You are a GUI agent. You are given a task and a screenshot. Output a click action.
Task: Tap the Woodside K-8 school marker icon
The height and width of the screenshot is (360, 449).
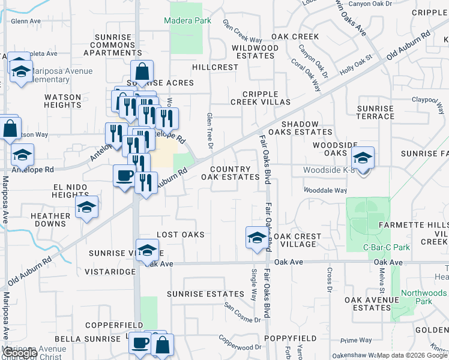pyautogui.click(x=363, y=158)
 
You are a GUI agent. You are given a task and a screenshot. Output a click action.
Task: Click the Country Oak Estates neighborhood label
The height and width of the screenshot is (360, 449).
pyautogui.click(x=231, y=173)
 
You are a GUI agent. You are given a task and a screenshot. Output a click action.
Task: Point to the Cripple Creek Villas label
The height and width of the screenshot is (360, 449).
pyautogui.click(x=266, y=98)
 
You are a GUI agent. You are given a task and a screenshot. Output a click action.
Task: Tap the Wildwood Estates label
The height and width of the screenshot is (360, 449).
pyautogui.click(x=255, y=52)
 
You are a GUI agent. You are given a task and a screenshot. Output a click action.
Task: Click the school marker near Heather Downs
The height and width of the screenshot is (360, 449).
pyautogui.click(x=87, y=208)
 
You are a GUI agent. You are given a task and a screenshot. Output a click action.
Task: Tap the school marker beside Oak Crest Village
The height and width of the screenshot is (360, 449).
pyautogui.click(x=257, y=237)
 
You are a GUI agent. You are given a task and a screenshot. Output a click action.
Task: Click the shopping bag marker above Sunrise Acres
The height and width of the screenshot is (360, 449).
pyautogui.click(x=142, y=71)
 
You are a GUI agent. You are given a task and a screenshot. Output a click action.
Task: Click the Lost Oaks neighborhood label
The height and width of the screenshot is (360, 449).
pyautogui.click(x=180, y=235)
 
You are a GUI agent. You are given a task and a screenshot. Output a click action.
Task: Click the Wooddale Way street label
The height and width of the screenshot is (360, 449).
pyautogui.click(x=325, y=190)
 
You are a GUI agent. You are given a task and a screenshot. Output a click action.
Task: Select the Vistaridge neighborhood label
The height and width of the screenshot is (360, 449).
pyautogui.click(x=110, y=272)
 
